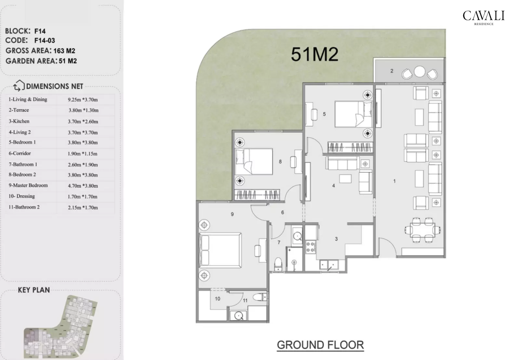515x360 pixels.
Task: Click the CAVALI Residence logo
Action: [x=483, y=17]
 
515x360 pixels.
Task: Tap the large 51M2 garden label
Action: [x=314, y=54]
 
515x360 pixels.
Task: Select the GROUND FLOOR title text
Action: [x=320, y=345]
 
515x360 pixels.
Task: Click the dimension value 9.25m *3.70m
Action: [x=83, y=100]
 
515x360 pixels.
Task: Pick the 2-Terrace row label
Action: [x=19, y=110]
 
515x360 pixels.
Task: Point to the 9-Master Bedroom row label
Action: [x=28, y=186]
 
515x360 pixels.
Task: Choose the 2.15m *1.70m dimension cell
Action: [x=83, y=208]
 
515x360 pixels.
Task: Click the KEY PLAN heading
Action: [x=34, y=290]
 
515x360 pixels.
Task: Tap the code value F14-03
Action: [x=45, y=41]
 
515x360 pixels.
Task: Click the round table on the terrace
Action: [x=419, y=71]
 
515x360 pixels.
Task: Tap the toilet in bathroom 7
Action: [x=278, y=264]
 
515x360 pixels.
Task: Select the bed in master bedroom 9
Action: [x=221, y=251]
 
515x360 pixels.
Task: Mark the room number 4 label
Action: [x=334, y=186]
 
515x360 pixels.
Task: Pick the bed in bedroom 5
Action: [x=353, y=114]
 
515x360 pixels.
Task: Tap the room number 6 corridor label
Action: [x=283, y=212]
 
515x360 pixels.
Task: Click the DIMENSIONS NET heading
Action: [x=54, y=86]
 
